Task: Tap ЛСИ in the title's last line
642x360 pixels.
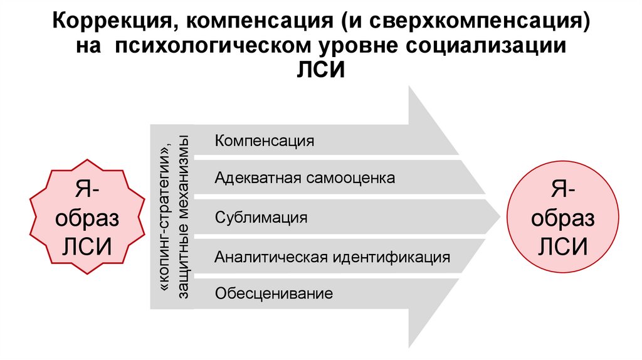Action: pyautogui.click(x=320, y=70)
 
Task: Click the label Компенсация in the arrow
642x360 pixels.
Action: pyautogui.click(x=264, y=140)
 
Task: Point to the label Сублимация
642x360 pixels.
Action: pyautogui.click(x=261, y=218)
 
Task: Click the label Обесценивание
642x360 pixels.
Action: pyautogui.click(x=273, y=294)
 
